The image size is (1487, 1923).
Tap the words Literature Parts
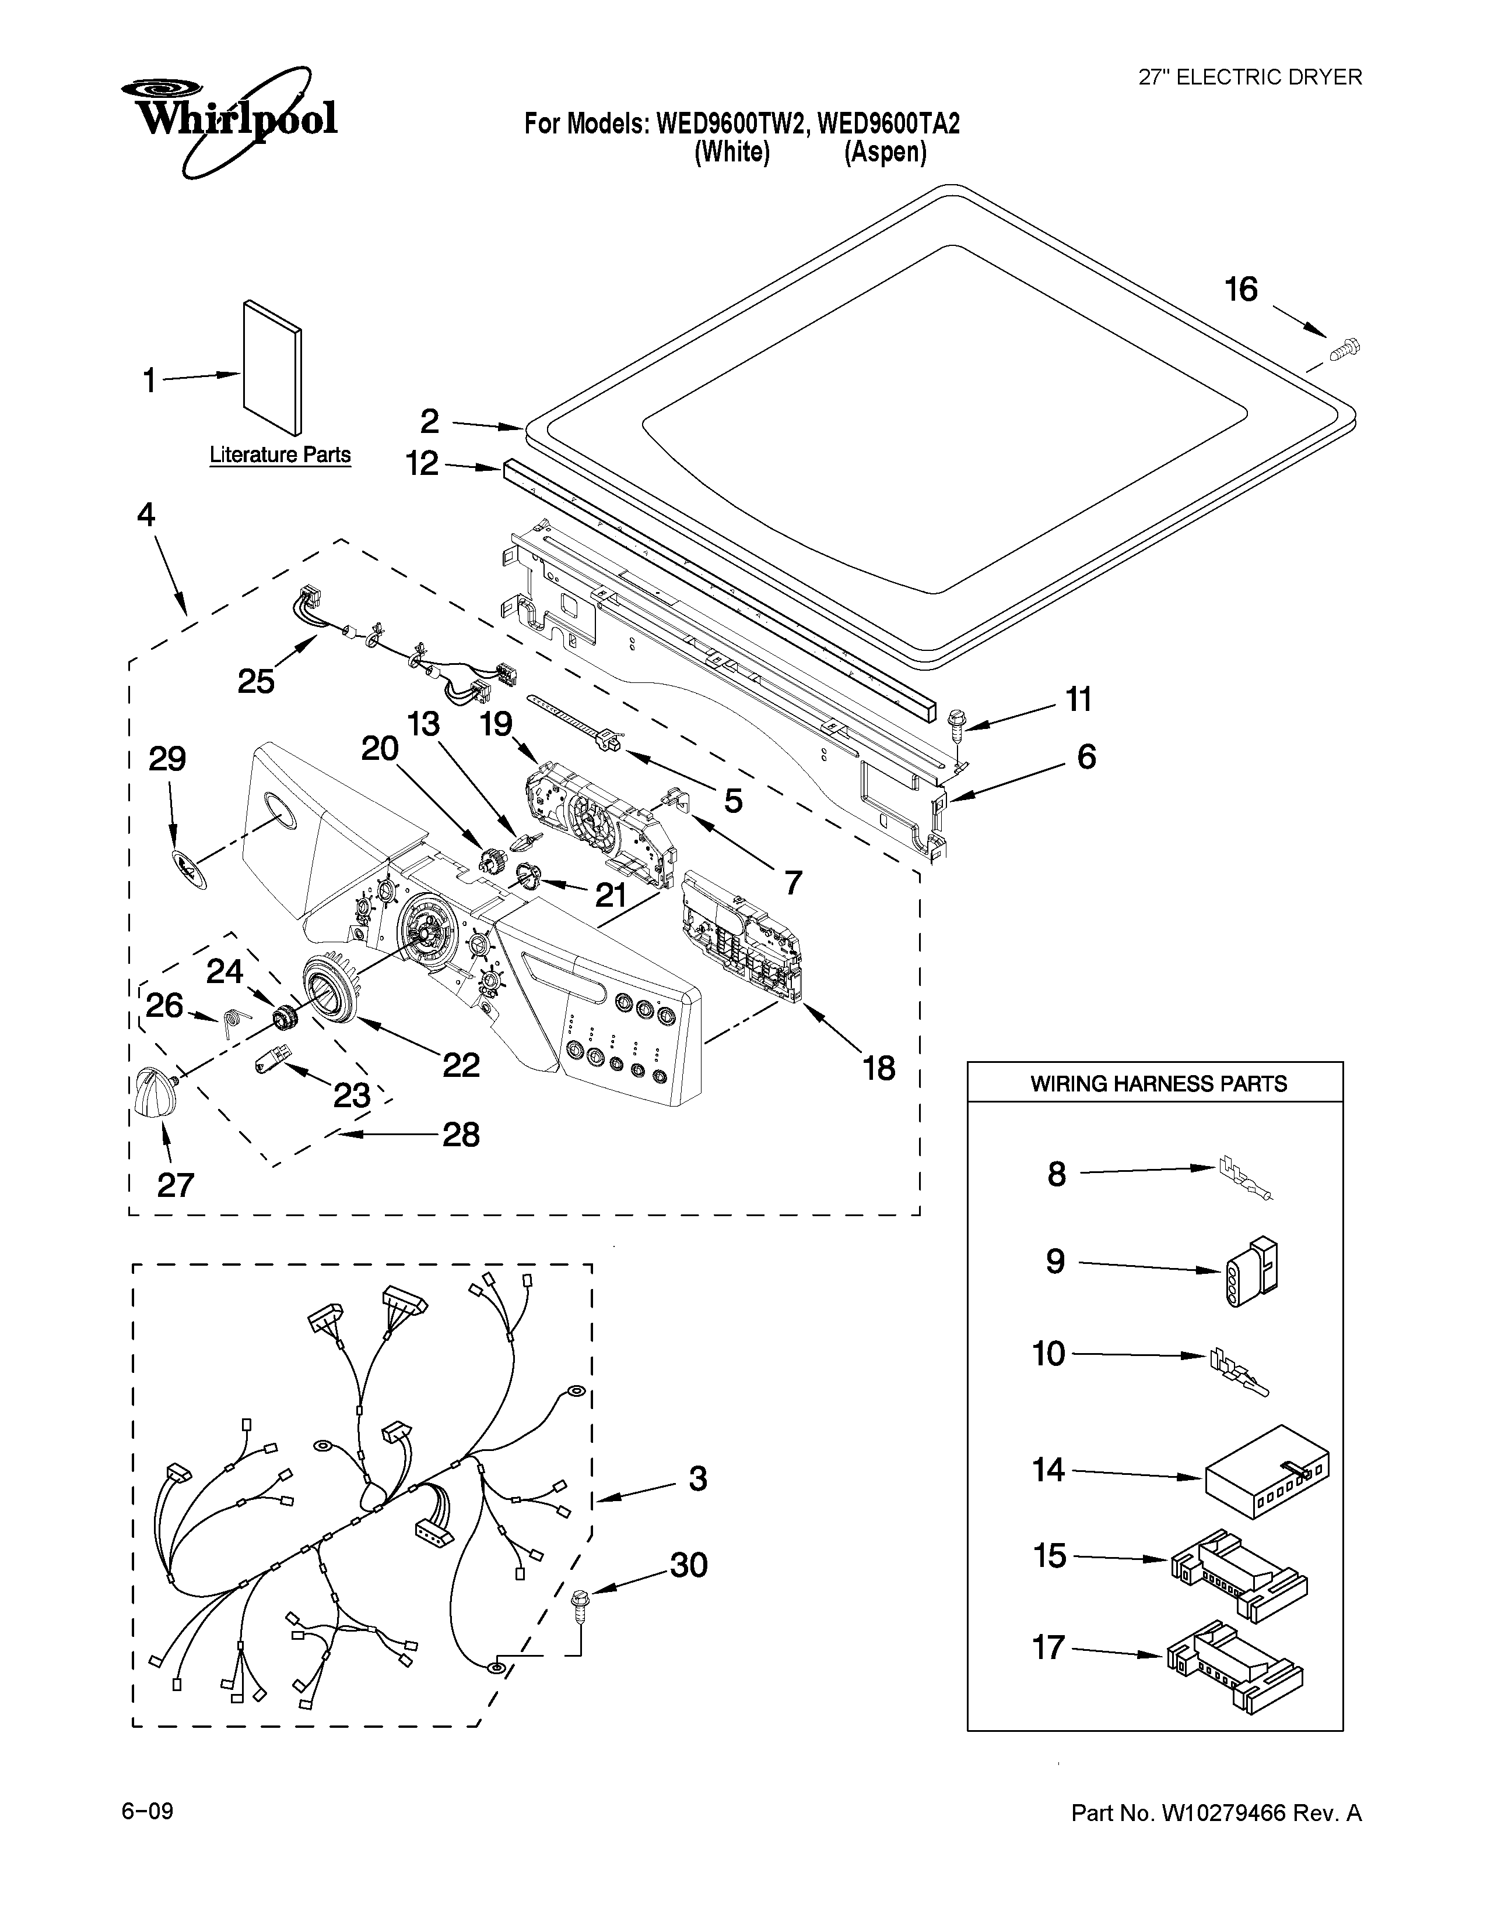pyautogui.click(x=280, y=455)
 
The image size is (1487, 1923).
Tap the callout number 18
pyautogui.click(x=878, y=1068)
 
